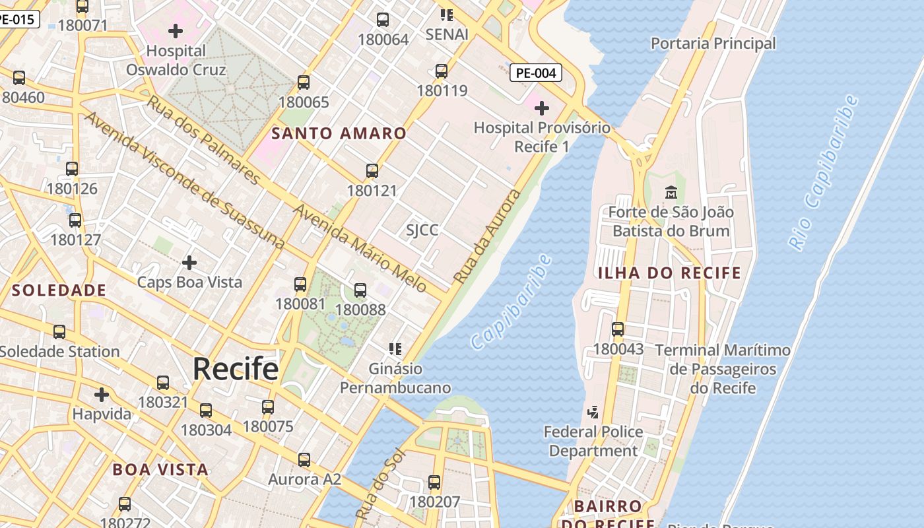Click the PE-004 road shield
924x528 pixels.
pyautogui.click(x=535, y=73)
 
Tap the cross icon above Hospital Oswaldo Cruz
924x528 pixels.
pyautogui.click(x=176, y=31)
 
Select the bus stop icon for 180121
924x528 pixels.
pyautogui.click(x=372, y=171)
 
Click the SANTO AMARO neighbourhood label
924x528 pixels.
pyautogui.click(x=339, y=133)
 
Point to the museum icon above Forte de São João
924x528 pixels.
pyautogui.click(x=671, y=193)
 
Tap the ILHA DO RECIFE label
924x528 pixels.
pyautogui.click(x=669, y=273)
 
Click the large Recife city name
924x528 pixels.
pyautogui.click(x=236, y=369)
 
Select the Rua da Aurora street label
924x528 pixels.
pyautogui.click(x=487, y=237)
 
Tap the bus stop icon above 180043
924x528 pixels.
pyautogui.click(x=618, y=329)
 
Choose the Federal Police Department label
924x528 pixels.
pyautogui.click(x=593, y=442)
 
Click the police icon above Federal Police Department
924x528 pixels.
pyautogui.click(x=593, y=412)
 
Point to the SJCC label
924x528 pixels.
pyautogui.click(x=422, y=230)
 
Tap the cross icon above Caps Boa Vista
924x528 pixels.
pyautogui.click(x=189, y=263)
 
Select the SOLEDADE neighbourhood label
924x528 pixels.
pyautogui.click(x=59, y=290)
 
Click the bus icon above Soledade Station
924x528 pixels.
pyautogui.click(x=59, y=331)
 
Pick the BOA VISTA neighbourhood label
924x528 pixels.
pyautogui.click(x=160, y=470)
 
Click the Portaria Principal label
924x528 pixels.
pyautogui.click(x=713, y=44)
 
